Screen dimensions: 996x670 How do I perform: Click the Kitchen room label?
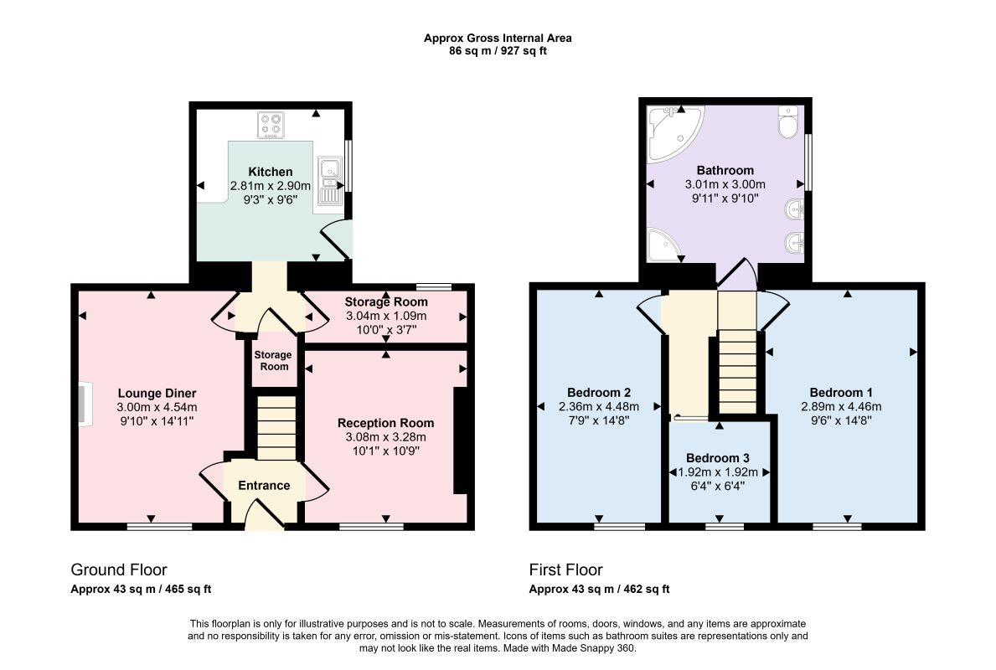pyautogui.click(x=271, y=172)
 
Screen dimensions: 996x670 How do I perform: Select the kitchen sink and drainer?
pyautogui.click(x=330, y=181)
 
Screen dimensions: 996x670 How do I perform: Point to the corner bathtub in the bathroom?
pyautogui.click(x=674, y=133)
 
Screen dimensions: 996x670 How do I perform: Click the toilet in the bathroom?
pyautogui.click(x=787, y=122)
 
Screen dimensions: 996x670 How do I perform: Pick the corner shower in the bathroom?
pyautogui.click(x=663, y=245)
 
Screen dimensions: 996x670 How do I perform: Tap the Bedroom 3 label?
pyautogui.click(x=718, y=458)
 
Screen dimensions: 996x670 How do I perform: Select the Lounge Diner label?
pyautogui.click(x=157, y=393)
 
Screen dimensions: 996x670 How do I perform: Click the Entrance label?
pyautogui.click(x=264, y=485)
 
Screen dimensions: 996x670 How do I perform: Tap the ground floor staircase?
pyautogui.click(x=276, y=427)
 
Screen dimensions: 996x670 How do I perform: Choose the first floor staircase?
pyautogui.click(x=737, y=373)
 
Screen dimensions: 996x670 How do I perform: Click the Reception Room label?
pyautogui.click(x=385, y=423)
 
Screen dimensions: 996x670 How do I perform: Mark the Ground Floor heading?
pyautogui.click(x=119, y=569)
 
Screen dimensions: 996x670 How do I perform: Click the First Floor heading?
pyautogui.click(x=566, y=569)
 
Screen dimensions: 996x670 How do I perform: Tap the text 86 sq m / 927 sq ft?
pyautogui.click(x=498, y=51)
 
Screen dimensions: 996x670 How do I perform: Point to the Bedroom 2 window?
pyautogui.click(x=619, y=526)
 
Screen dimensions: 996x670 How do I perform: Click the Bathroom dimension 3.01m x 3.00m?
pyautogui.click(x=725, y=184)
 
